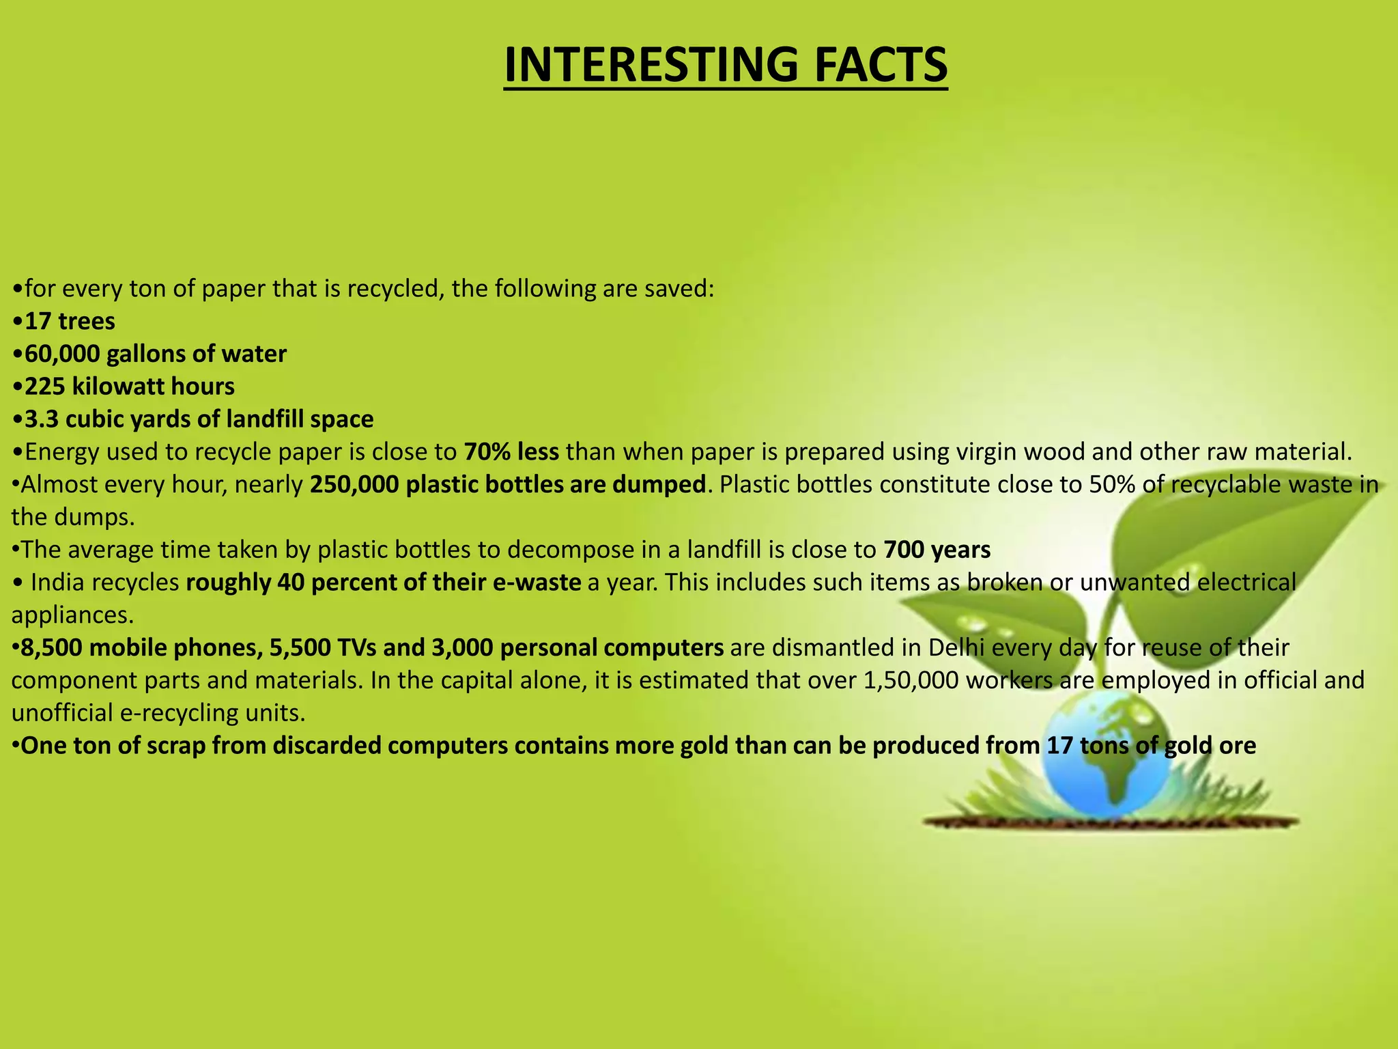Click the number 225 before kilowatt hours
(45, 387)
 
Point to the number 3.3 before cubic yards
(42, 419)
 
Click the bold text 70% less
(511, 452)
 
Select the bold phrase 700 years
(937, 550)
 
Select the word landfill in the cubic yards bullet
(264, 419)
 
